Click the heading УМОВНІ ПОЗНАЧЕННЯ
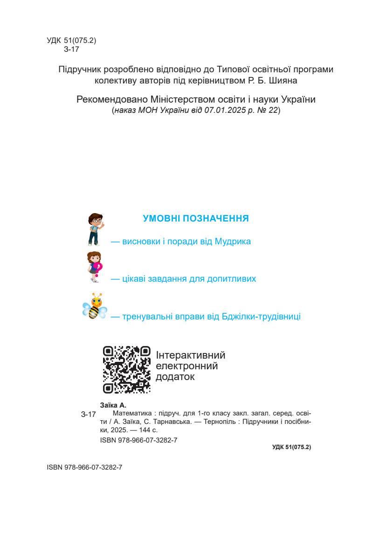tap(195, 218)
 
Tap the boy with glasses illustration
tap(95, 229)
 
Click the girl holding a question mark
tap(95, 266)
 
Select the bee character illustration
tap(95, 306)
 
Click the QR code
tap(127, 369)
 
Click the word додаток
tap(175, 376)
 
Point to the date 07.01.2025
tap(222, 111)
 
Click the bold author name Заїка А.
tap(113, 405)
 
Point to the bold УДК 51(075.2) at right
tap(291, 447)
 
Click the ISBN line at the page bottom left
tap(84, 467)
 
